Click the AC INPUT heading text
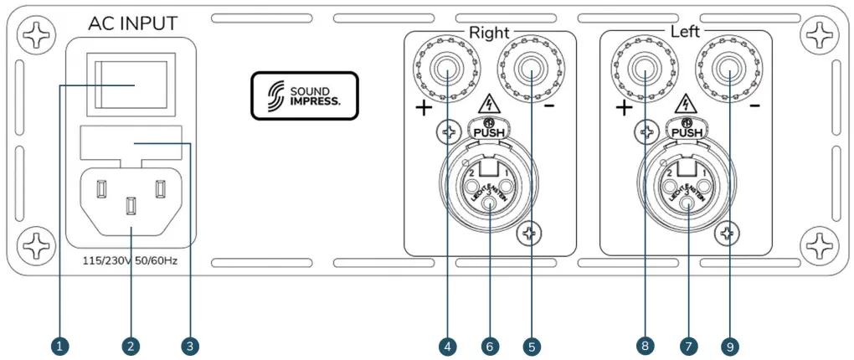pyautogui.click(x=132, y=23)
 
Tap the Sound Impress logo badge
pyautogui.click(x=305, y=95)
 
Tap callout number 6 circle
pyautogui.click(x=491, y=345)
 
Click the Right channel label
pyautogui.click(x=489, y=33)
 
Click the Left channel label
pyautogui.click(x=686, y=33)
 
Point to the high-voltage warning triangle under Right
pyautogui.click(x=490, y=105)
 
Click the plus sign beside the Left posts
pyautogui.click(x=622, y=109)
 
